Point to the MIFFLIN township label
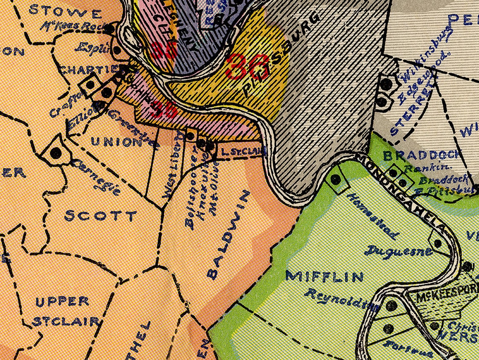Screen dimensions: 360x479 pyautogui.click(x=324, y=277)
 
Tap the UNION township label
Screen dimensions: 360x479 pyautogui.click(x=116, y=142)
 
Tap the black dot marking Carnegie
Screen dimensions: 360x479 pyautogui.click(x=55, y=153)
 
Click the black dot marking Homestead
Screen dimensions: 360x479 pyautogui.click(x=335, y=180)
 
